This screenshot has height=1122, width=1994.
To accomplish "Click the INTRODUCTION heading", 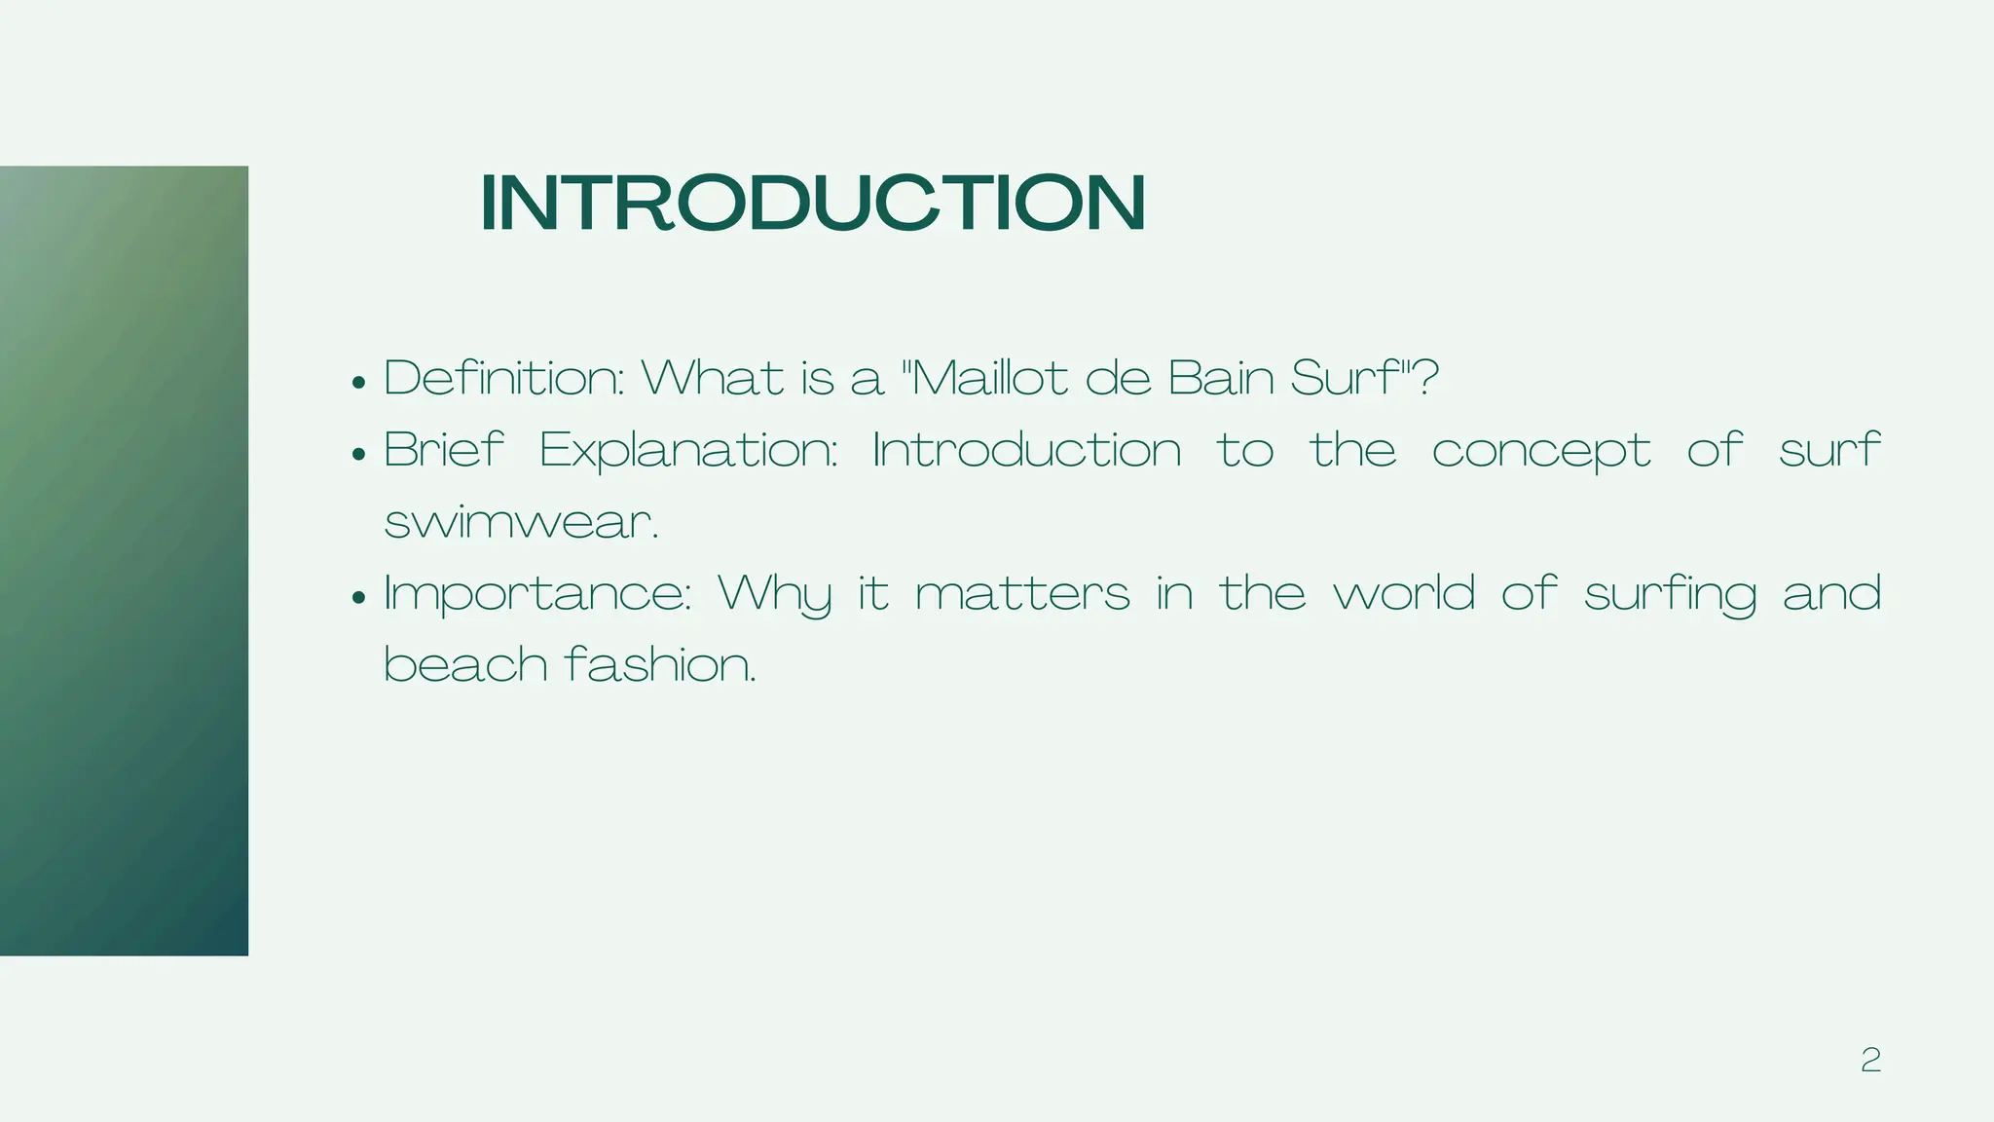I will coord(813,203).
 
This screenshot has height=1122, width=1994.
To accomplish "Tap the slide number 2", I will coord(1870,1060).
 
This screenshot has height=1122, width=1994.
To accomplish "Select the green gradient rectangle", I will coord(124,560).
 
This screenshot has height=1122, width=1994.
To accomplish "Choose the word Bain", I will coord(1221,378).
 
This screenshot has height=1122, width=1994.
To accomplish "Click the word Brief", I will coord(444,450).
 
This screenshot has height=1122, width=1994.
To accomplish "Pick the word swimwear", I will coord(521,523).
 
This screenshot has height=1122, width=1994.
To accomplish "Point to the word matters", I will coord(1022,594).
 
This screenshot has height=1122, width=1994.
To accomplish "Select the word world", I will coord(1404,593).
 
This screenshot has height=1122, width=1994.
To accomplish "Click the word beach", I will coord(465,665).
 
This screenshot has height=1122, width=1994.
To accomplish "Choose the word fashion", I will coord(659,665).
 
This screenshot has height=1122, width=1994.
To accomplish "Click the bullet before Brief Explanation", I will coord(359,455).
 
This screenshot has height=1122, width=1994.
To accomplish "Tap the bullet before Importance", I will coord(359,598).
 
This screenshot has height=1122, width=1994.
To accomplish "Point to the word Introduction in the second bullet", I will coord(1026,450).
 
